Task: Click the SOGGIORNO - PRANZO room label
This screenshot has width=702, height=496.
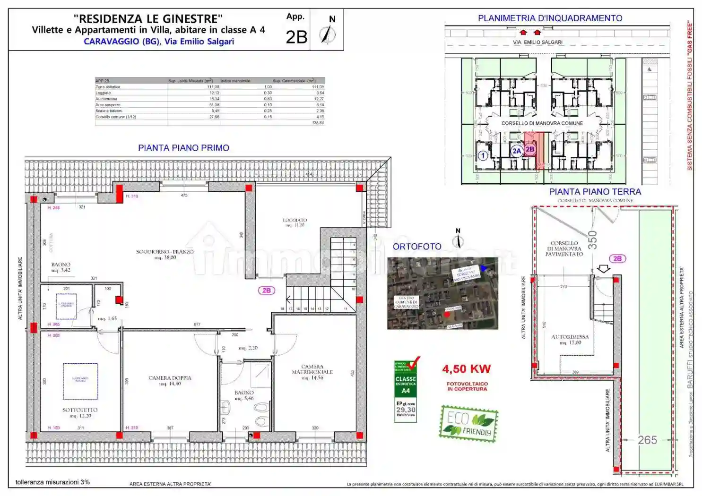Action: click(165, 252)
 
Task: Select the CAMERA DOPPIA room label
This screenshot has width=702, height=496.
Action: click(170, 378)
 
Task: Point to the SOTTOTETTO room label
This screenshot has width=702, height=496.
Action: click(80, 410)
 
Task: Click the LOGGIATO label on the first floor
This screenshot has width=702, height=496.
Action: click(295, 221)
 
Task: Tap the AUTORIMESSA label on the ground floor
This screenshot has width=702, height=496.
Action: click(570, 337)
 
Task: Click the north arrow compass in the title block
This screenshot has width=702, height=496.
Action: click(328, 34)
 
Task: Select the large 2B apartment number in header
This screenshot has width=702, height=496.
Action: click(296, 37)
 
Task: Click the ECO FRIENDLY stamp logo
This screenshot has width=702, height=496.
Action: click(468, 424)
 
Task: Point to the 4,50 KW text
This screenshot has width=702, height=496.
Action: click(466, 369)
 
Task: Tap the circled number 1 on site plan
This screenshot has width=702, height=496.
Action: click(483, 155)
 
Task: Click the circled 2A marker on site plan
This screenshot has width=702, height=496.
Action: click(516, 151)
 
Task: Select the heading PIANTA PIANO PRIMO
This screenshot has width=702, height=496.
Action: click(183, 148)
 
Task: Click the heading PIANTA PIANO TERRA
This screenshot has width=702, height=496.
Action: click(595, 192)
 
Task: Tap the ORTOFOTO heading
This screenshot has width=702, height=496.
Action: click(416, 247)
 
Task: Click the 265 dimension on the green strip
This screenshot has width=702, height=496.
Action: click(647, 440)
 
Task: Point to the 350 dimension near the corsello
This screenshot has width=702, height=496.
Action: click(592, 240)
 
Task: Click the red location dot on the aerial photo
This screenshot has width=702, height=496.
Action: click(447, 314)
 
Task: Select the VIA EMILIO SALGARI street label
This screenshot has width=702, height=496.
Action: click(537, 43)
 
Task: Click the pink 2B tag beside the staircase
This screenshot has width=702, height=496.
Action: click(267, 291)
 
